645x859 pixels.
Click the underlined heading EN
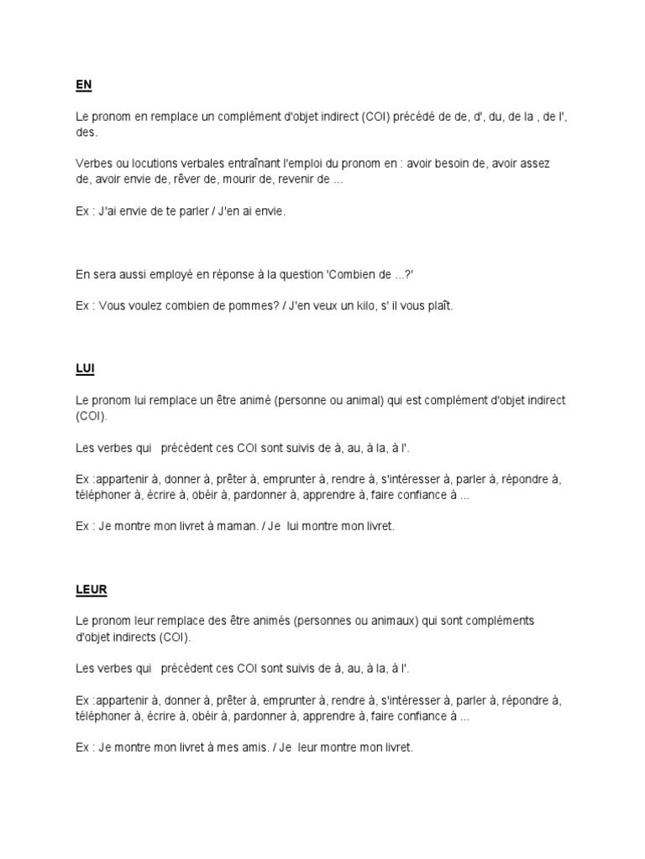(82, 85)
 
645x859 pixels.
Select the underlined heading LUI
(84, 368)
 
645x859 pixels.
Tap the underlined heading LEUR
(91, 589)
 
